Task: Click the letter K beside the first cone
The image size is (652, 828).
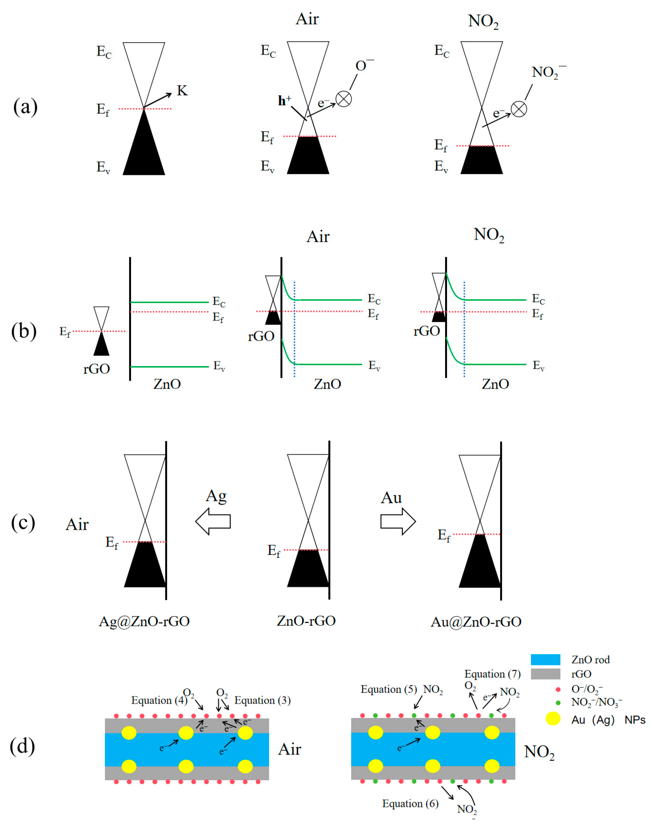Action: tap(182, 91)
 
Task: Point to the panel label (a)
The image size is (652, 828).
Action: tap(25, 107)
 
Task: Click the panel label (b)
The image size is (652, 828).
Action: tap(24, 331)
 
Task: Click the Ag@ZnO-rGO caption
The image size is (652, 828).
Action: tap(144, 621)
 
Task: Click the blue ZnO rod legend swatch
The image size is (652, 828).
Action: tap(545, 659)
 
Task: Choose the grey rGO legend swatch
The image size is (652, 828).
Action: tap(545, 674)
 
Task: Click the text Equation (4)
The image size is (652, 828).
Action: tap(159, 701)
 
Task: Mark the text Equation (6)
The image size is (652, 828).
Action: tap(410, 804)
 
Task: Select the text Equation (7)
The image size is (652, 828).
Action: tap(492, 674)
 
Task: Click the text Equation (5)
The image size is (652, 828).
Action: tap(389, 689)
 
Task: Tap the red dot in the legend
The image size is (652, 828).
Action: tap(558, 689)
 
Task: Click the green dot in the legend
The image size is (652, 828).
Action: tap(558, 703)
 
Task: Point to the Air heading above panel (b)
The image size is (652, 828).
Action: tap(318, 237)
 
